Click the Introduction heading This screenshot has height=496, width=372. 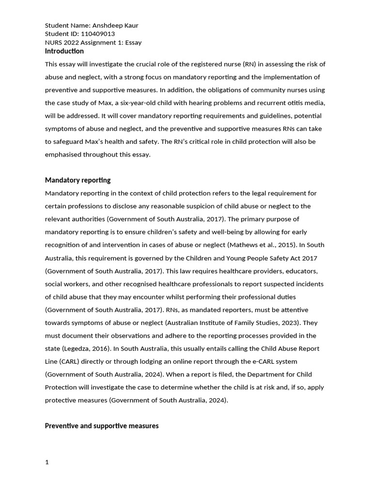64,51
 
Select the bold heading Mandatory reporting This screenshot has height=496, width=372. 77,180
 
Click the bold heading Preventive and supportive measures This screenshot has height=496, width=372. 102,426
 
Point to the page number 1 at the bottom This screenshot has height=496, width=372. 47,462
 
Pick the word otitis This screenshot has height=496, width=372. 290,103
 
